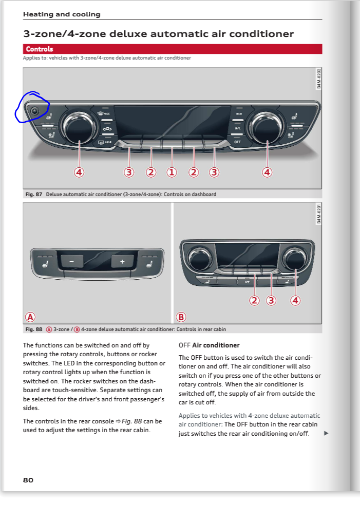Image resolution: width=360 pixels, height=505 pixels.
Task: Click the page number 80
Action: [x=28, y=480]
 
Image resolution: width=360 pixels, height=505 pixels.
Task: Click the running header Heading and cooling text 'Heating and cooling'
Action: [x=62, y=14]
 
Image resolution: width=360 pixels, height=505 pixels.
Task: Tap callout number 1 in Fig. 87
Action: [x=172, y=172]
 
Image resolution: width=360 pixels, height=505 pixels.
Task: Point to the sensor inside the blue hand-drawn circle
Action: [x=34, y=111]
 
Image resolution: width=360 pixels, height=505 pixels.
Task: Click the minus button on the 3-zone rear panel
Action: [x=71, y=262]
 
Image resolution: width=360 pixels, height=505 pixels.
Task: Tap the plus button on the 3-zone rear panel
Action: [x=122, y=262]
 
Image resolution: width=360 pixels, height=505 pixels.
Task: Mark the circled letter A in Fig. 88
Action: [x=30, y=316]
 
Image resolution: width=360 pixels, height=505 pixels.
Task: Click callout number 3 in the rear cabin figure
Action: [x=272, y=301]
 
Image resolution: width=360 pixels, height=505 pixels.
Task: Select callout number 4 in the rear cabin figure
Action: [x=295, y=301]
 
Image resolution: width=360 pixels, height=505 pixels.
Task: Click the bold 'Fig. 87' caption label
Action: [x=33, y=195]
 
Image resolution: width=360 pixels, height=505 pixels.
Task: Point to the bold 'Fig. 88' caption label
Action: [x=33, y=329]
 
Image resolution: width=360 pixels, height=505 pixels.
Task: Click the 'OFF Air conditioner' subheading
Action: [x=209, y=345]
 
